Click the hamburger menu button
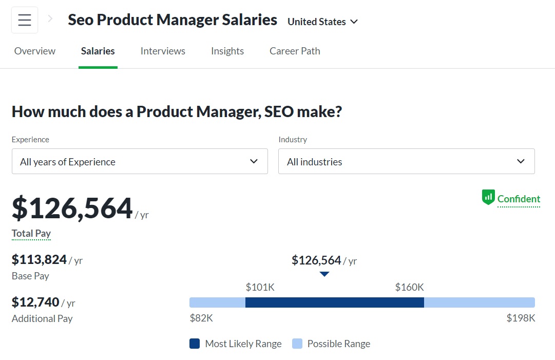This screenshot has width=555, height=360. [25, 20]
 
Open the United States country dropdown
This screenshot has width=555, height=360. [322, 22]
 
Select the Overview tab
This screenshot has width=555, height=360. [35, 51]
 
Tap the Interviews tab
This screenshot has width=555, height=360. [163, 51]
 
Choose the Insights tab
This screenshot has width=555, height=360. [227, 51]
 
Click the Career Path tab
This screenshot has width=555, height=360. [295, 51]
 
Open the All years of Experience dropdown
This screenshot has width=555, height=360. [140, 161]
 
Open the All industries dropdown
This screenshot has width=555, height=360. [406, 161]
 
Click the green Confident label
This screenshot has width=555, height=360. [519, 199]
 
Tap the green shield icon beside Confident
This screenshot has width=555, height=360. [488, 198]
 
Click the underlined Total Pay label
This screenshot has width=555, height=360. [31, 233]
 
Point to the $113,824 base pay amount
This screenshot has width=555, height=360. [40, 260]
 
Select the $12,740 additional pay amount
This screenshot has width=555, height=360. [35, 302]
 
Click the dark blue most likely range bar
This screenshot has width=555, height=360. [335, 302]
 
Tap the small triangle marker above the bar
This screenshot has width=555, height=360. [324, 274]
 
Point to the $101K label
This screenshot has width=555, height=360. [260, 287]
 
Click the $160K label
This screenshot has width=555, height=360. [409, 287]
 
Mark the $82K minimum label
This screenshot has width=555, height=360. [201, 318]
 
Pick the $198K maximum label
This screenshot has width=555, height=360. [521, 318]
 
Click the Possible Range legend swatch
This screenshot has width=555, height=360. [297, 344]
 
